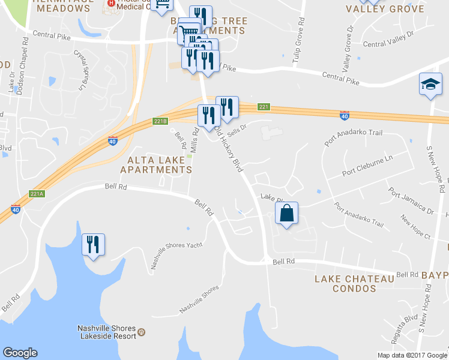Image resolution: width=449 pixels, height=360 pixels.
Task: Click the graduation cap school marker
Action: pyautogui.click(x=430, y=85)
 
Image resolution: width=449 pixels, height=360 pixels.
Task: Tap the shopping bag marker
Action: pyautogui.click(x=287, y=213)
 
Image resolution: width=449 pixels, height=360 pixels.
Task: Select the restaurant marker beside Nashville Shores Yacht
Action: pyautogui.click(x=93, y=244)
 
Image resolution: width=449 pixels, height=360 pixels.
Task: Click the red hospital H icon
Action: pyautogui.click(x=110, y=3)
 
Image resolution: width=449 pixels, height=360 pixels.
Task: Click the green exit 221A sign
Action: pyautogui.click(x=37, y=194)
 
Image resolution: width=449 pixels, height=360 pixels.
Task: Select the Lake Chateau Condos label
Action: pyautogui.click(x=354, y=283)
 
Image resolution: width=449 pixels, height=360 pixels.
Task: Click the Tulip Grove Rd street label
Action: pyautogui.click(x=298, y=40)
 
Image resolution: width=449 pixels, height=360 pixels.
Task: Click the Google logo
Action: pyautogui.click(x=20, y=353)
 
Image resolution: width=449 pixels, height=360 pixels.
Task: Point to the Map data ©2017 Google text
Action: pyautogui.click(x=412, y=355)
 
